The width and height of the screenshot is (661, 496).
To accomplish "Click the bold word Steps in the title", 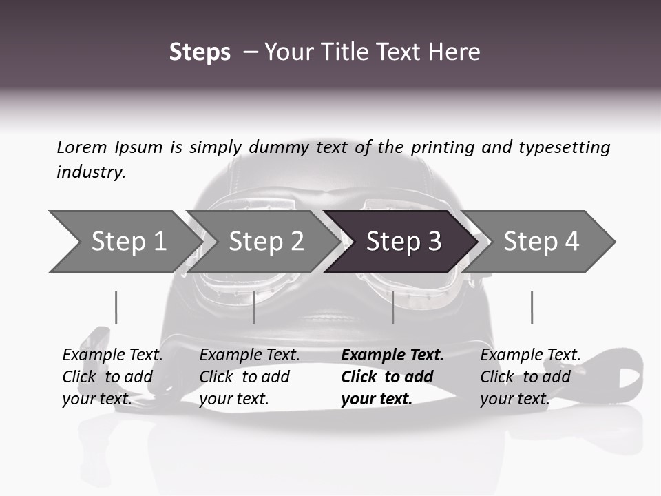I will (200, 52).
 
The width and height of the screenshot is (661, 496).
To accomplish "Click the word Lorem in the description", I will (81, 147).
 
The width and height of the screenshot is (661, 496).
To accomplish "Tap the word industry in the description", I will (90, 172).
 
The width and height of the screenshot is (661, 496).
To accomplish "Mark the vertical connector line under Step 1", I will (116, 307).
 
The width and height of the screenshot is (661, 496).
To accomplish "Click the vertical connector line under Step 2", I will (254, 307).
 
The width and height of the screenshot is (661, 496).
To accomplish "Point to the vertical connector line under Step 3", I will (392, 307).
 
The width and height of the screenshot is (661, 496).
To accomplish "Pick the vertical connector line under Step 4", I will (532, 307).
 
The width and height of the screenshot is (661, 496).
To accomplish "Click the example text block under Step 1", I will (112, 377).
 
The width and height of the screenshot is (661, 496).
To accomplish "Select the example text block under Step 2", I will (249, 377).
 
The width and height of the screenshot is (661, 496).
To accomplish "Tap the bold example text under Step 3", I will (392, 377).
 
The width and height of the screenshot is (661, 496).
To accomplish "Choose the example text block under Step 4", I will (530, 377).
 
